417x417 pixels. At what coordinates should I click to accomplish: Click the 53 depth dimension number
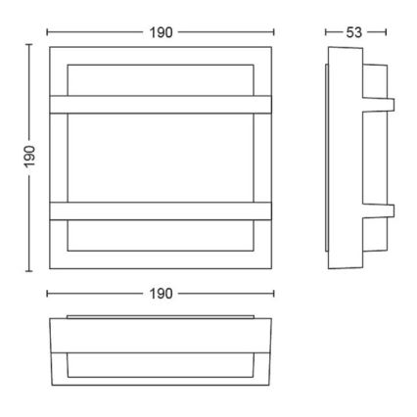click(x=355, y=32)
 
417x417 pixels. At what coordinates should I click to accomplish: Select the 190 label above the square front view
click(x=162, y=32)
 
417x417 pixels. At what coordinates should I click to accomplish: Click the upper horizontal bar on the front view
click(x=162, y=103)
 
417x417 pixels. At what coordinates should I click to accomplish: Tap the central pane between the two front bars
click(x=162, y=156)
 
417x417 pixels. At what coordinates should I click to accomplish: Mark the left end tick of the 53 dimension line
click(x=325, y=32)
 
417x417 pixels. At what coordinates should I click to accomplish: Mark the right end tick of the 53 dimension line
click(x=388, y=32)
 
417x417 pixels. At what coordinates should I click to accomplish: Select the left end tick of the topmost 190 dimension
click(x=48, y=32)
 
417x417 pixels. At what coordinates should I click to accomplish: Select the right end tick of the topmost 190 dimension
click(x=275, y=32)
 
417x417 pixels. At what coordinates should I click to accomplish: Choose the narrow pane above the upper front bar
click(x=162, y=79)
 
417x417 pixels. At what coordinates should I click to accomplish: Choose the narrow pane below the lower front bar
click(x=162, y=234)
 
